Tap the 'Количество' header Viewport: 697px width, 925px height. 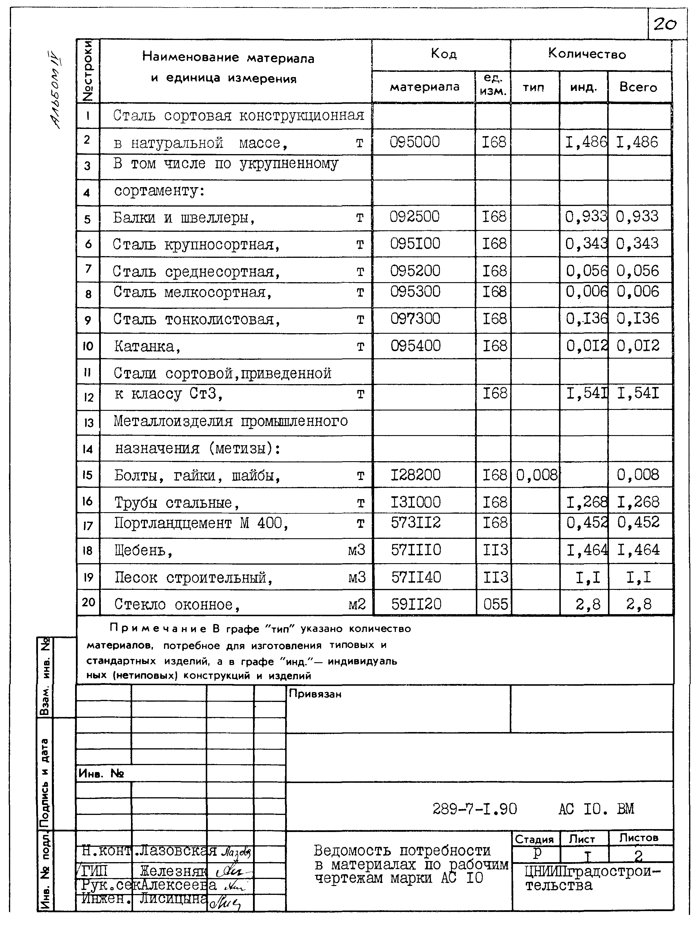pos(587,54)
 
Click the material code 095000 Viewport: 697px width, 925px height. pos(415,142)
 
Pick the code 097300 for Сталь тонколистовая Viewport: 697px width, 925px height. pos(415,319)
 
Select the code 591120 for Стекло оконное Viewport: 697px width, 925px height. pos(416,604)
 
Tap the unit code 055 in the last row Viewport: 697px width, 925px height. pos(495,604)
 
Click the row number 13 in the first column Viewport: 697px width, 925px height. pos(88,423)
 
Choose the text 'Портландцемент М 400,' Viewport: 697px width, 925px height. pos(201,523)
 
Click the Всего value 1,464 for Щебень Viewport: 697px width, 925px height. pos(638,550)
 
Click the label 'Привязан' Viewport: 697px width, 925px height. pos(315,694)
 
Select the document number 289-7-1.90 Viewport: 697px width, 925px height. pos(474,809)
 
